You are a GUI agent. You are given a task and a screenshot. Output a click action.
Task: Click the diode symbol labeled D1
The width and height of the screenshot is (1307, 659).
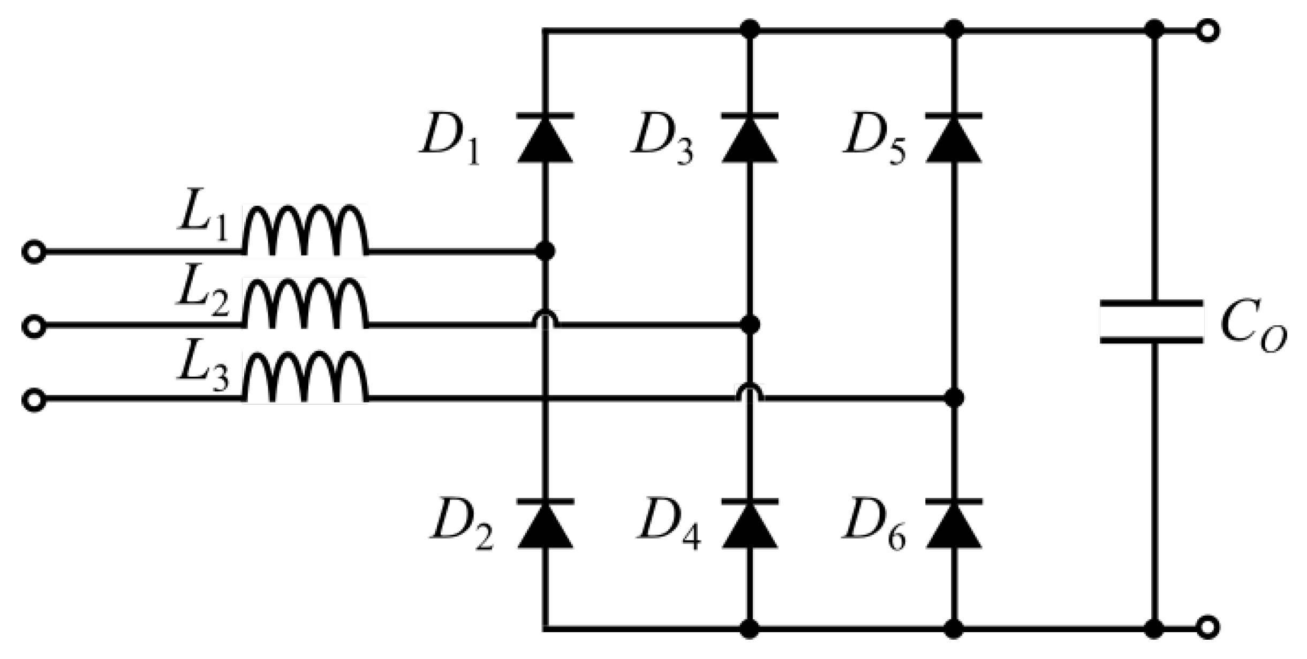[x=545, y=138]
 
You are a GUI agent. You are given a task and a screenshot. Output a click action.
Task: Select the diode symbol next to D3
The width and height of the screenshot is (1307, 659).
[x=749, y=138]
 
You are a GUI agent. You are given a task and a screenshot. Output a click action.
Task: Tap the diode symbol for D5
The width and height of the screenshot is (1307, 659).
[x=954, y=138]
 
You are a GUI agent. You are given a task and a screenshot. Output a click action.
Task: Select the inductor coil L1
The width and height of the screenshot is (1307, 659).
[x=305, y=230]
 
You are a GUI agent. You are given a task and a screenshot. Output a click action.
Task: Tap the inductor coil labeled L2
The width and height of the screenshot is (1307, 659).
[x=305, y=304]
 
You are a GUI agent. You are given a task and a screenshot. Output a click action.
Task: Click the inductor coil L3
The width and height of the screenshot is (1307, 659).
[x=305, y=378]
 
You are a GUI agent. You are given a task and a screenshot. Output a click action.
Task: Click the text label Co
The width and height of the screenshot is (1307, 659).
[x=1253, y=329]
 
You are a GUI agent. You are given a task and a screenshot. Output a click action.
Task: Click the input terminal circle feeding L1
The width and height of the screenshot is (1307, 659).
[x=34, y=252]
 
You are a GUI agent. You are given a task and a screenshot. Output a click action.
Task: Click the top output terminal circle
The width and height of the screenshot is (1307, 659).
[x=1208, y=31]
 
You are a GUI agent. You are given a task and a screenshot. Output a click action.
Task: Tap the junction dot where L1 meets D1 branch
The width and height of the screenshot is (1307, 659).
[x=545, y=250]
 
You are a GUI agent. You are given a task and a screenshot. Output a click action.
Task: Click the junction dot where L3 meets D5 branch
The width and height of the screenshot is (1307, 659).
[x=954, y=398]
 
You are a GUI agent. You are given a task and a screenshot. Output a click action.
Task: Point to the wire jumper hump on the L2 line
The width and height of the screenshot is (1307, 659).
[x=545, y=319]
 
